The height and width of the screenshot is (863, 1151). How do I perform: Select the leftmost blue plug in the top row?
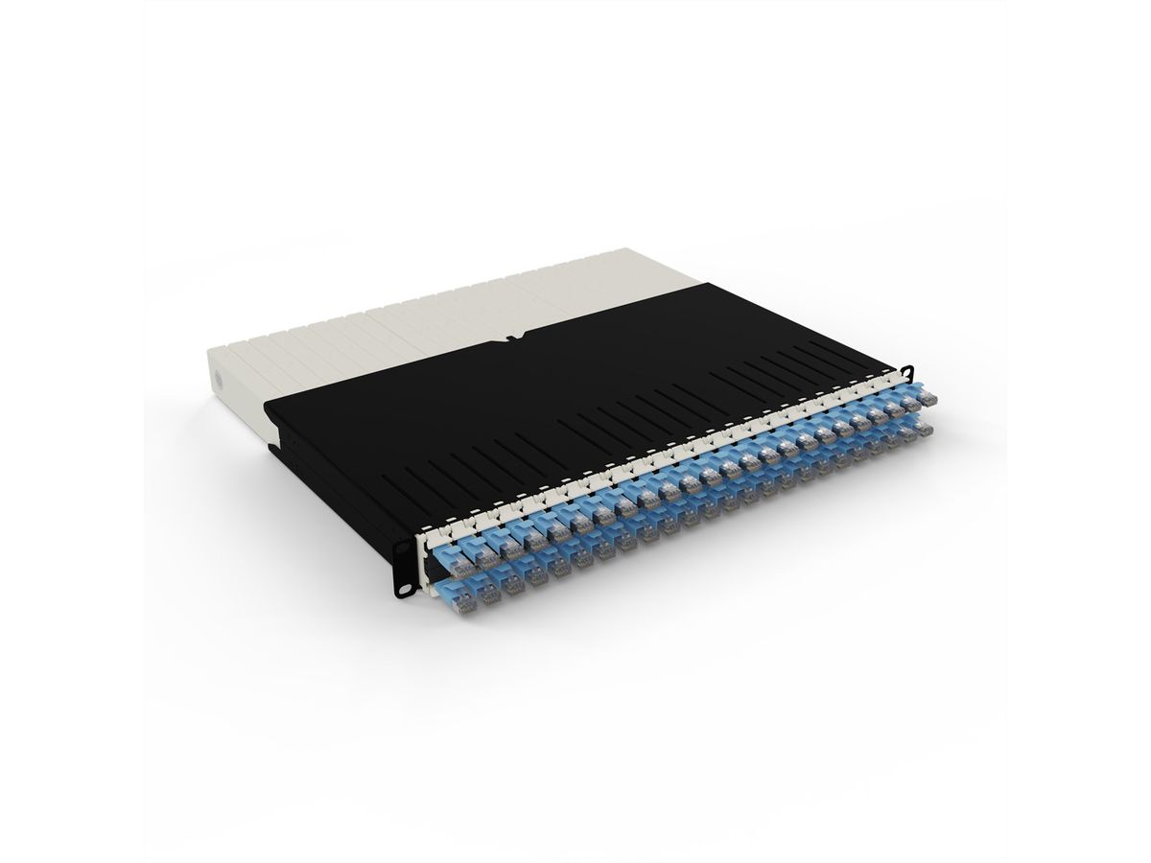coord(451,557)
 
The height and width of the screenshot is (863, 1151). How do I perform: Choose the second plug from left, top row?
coord(477,548)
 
